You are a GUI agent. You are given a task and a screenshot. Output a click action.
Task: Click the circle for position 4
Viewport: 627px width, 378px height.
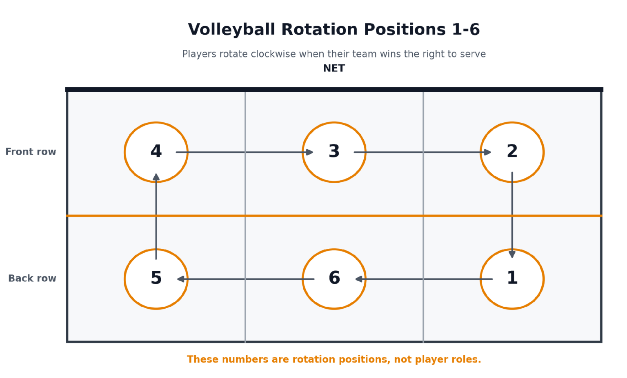[x=125, y=153]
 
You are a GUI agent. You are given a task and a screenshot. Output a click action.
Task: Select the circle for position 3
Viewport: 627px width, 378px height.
[x=303, y=153]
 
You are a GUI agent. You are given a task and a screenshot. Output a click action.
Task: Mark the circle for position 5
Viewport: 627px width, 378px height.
[x=125, y=279]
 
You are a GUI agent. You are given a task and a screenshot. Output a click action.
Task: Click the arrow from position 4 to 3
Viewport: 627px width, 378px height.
[x=245, y=153]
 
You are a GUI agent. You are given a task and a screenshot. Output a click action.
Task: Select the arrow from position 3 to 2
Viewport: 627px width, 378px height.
[x=422, y=153]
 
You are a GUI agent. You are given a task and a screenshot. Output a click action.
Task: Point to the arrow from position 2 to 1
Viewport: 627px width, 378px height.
[x=512, y=215]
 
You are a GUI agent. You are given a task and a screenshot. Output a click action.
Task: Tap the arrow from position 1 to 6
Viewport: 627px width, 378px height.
[x=424, y=279]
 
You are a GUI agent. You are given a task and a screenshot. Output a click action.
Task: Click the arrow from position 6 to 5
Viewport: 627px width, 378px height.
[x=246, y=279]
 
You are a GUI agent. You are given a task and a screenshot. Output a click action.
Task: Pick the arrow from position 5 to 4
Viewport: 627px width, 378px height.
[x=156, y=217]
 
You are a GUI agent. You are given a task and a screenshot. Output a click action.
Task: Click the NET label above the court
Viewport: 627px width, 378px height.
[x=334, y=68]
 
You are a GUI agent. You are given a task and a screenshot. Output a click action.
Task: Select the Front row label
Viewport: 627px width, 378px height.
[x=31, y=152]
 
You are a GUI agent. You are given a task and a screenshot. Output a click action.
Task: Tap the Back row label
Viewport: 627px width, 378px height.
[x=32, y=279]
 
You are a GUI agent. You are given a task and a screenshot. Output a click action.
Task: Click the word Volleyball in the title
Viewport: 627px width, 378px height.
[x=231, y=30]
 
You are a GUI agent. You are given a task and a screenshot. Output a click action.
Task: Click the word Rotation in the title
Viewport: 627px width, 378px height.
[x=319, y=30]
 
